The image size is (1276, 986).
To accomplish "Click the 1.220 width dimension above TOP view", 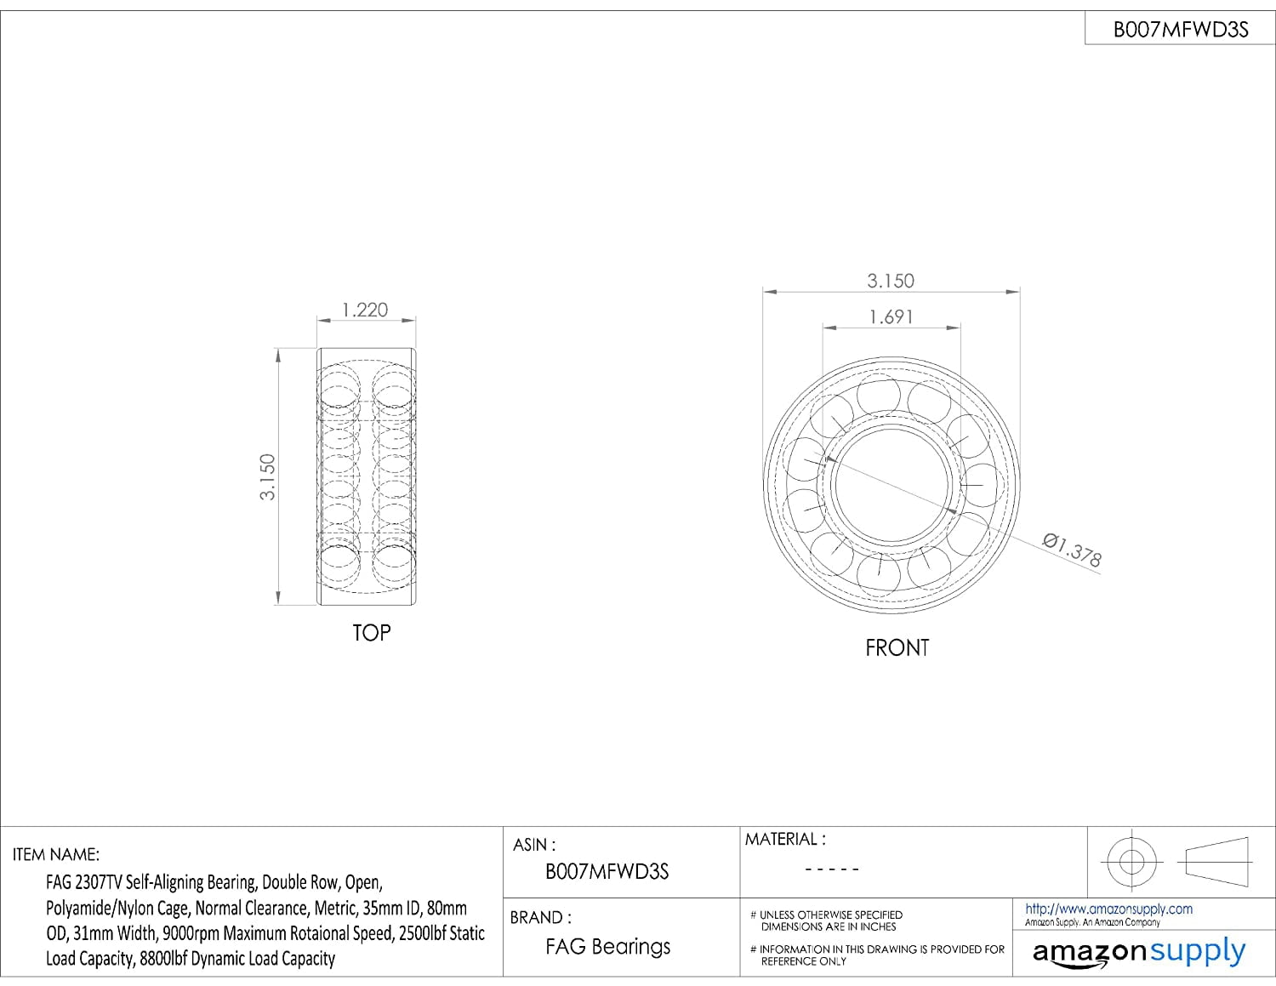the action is (x=365, y=310).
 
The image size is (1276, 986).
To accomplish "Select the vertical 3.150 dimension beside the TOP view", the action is (x=267, y=477).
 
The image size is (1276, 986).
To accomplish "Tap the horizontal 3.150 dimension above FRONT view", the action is (x=891, y=281).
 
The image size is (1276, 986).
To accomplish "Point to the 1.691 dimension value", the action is (x=891, y=317).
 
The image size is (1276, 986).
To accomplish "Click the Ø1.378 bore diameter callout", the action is (x=1072, y=550).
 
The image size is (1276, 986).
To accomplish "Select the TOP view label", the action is (x=371, y=632).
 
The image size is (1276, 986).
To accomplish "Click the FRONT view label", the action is (x=897, y=647).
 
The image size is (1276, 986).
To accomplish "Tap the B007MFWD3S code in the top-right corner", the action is (x=1180, y=30).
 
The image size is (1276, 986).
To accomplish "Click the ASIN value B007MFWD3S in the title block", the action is (x=607, y=871).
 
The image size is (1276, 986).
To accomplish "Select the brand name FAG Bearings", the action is (x=607, y=947).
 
